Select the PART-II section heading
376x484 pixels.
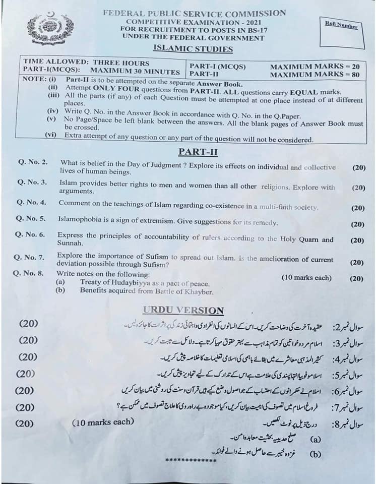198,151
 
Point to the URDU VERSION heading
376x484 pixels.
183,311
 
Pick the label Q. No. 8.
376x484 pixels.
30,274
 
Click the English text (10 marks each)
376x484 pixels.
306,278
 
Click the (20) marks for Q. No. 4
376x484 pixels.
357,208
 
